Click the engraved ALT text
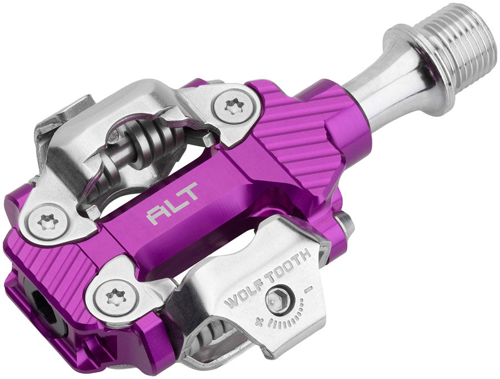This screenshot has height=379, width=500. [x=172, y=211]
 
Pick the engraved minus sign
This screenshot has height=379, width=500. [x=309, y=289]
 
